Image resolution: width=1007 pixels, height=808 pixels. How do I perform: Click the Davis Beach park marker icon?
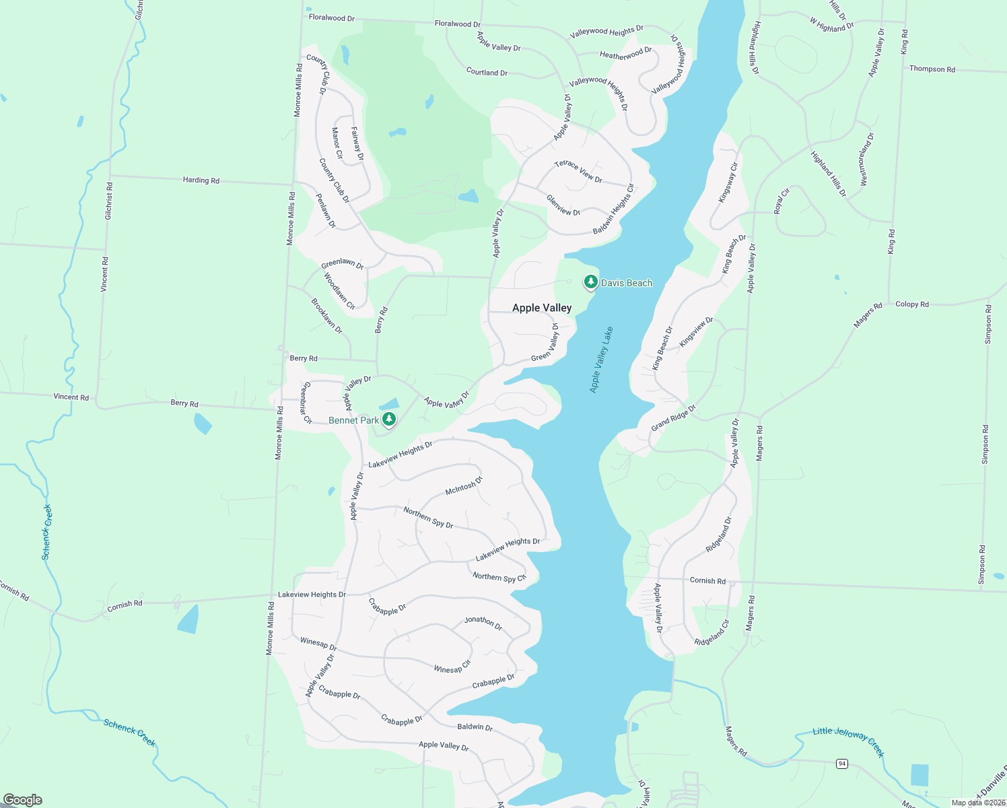[x=590, y=282]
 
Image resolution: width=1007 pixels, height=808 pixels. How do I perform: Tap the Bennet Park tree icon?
[x=388, y=419]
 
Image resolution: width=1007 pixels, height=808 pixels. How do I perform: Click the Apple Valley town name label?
[x=542, y=308]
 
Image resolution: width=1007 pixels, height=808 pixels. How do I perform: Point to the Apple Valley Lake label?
[x=601, y=360]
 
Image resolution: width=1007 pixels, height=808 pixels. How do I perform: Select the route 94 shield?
[x=841, y=763]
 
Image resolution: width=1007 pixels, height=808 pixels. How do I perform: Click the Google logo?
[x=22, y=800]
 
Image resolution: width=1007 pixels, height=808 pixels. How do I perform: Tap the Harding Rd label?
[x=201, y=180]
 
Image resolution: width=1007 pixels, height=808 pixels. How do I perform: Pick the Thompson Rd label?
[x=932, y=69]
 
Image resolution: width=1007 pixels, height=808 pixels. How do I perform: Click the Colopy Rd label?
[x=912, y=304]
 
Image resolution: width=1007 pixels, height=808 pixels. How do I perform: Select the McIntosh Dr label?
[x=464, y=485]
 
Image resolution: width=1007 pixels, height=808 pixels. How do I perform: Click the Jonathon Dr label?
[x=483, y=623]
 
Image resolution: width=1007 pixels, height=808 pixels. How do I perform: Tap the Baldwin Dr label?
[x=475, y=727]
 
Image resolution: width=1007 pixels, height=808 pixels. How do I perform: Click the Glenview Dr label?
[x=563, y=205]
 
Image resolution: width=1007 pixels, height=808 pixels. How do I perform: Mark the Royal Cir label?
[x=782, y=201]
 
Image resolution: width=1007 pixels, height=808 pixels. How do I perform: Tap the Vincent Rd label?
[x=71, y=397]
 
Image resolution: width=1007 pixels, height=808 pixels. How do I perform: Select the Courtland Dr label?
[x=487, y=72]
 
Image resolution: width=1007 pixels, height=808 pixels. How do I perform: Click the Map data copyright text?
[x=978, y=803]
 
